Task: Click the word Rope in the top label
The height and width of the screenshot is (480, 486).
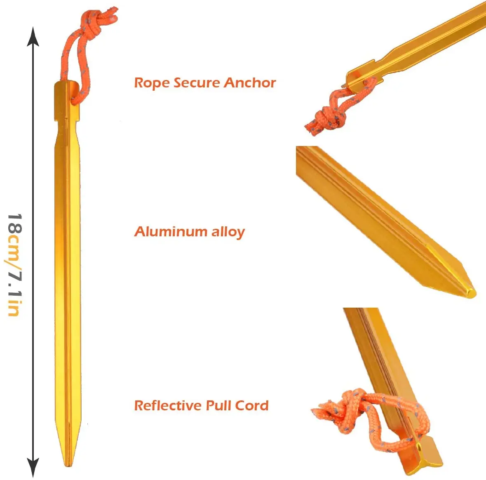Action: click(151, 83)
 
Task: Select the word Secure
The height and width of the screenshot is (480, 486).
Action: click(196, 82)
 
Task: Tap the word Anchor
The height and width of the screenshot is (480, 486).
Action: click(250, 82)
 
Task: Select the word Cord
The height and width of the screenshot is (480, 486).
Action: click(252, 405)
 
